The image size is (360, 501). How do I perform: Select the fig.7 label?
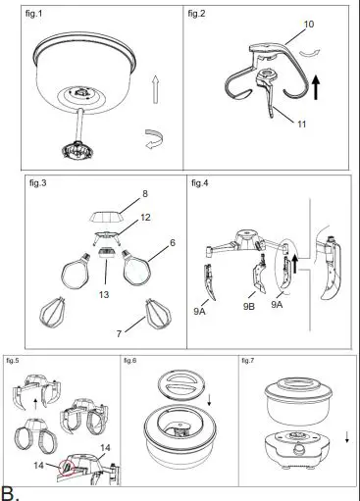[x=250, y=362]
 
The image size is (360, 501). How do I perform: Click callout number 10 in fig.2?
[x=307, y=23]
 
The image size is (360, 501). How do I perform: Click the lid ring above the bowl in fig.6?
[x=176, y=383]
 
